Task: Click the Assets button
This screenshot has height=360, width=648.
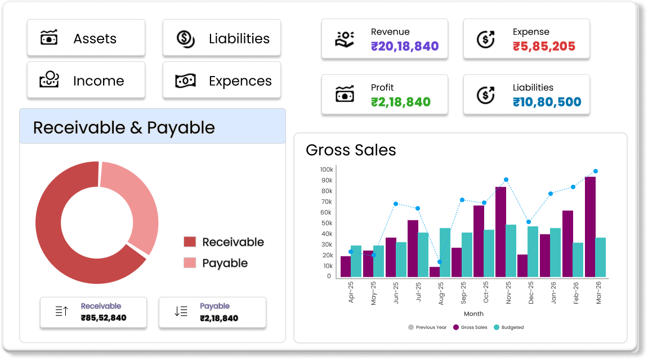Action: point(86,38)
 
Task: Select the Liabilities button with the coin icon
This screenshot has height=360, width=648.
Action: point(221,38)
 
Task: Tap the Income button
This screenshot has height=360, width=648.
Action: point(86,81)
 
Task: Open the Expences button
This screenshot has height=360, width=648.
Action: point(221,81)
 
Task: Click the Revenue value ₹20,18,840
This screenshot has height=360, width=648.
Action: point(404,47)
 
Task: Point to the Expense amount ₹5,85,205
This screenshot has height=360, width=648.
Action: point(544,47)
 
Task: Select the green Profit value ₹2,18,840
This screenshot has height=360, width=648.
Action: point(400,103)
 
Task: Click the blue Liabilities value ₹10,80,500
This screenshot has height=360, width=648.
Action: point(547,103)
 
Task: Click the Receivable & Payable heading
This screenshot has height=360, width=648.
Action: point(124,127)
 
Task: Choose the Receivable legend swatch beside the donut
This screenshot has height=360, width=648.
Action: point(190,242)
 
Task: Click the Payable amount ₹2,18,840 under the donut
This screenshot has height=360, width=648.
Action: point(219,318)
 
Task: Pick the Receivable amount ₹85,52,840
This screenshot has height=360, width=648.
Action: point(104,318)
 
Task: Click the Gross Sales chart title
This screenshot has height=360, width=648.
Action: point(351,150)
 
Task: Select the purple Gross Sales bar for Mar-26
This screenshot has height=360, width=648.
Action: point(590,226)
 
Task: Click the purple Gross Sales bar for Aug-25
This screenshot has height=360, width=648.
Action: point(434,272)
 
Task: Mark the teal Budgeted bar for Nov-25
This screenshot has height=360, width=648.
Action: point(511,251)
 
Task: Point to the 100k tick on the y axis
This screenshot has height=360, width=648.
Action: point(326,170)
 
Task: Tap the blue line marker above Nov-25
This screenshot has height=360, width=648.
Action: point(506,180)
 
